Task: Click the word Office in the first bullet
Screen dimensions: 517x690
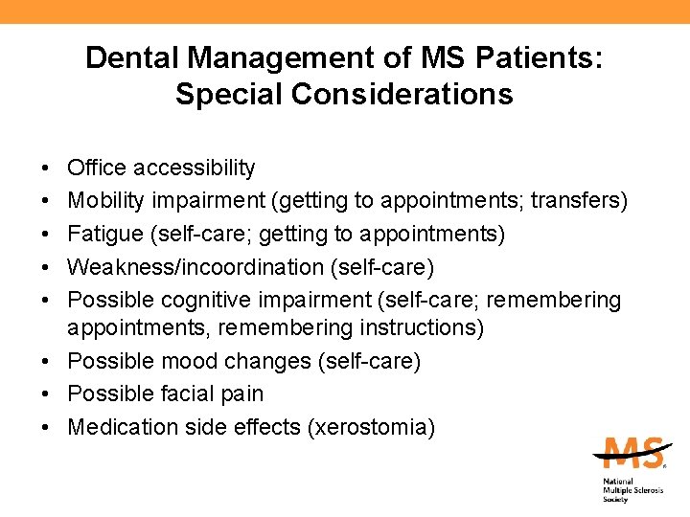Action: [x=97, y=169]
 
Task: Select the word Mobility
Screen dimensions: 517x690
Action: [x=106, y=201]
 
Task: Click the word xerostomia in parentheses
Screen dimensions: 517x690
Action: [x=371, y=427]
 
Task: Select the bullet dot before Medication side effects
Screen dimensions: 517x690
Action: [x=47, y=428]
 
